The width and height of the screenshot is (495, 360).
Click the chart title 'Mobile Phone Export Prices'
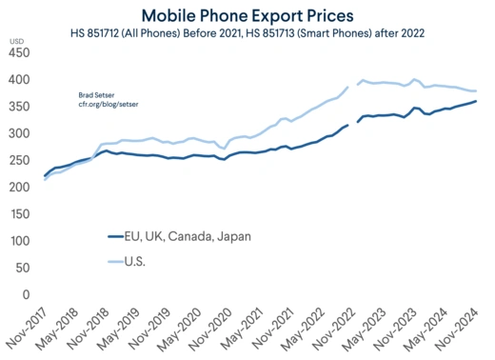tap(247, 15)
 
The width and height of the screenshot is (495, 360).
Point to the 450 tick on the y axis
tap(19, 53)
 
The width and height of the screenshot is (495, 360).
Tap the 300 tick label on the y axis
tap(19, 133)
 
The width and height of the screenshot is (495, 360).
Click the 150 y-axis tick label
tap(19, 214)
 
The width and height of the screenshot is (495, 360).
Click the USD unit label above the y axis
tap(16, 41)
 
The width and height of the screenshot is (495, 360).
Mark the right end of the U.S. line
tap(476, 90)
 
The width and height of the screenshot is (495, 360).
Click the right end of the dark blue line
tap(476, 101)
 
